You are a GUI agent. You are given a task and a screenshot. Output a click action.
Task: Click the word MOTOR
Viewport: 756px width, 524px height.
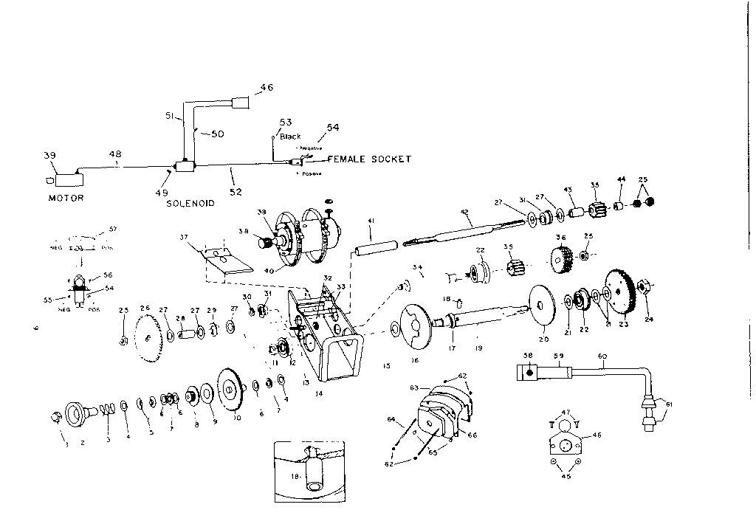pyautogui.click(x=66, y=198)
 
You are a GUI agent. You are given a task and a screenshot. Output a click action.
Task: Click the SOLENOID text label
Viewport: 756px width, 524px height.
pyautogui.click(x=190, y=203)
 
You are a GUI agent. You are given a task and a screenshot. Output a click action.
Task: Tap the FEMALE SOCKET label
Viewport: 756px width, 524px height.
pyautogui.click(x=369, y=159)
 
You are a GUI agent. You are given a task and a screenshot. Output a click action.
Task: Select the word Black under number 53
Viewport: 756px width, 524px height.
pyautogui.click(x=290, y=137)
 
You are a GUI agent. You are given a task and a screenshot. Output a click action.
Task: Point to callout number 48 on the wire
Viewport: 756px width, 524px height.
pyautogui.click(x=116, y=155)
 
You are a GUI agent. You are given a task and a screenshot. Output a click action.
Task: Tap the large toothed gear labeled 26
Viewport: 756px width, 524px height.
pyautogui.click(x=150, y=338)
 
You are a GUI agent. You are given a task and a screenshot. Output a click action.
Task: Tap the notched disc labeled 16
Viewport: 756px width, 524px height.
pyautogui.click(x=410, y=327)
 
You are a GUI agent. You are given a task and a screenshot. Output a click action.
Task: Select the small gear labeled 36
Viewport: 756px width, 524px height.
pyautogui.click(x=562, y=259)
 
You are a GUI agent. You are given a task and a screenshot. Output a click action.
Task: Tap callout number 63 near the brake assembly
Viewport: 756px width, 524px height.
pyautogui.click(x=414, y=387)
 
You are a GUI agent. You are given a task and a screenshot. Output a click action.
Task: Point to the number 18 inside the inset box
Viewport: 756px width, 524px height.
pyautogui.click(x=295, y=477)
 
